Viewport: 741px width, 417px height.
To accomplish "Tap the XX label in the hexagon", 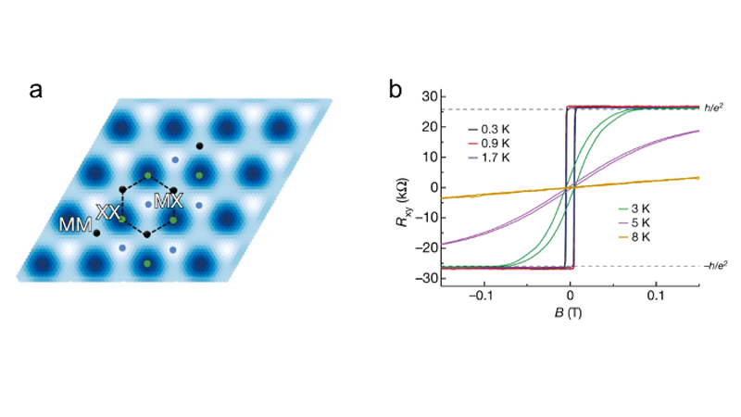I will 109,212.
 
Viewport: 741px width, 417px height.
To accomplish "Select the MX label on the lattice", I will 170,201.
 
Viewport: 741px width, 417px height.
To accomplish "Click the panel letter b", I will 396,91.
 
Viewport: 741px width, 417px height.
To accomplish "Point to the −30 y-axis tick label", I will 427,278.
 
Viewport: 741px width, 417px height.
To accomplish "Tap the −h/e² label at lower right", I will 711,265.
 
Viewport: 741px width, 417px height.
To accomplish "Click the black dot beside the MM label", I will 97,233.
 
